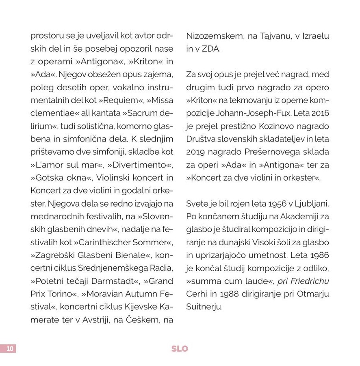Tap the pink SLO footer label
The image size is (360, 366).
(180, 349)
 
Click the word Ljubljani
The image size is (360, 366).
(312, 203)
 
